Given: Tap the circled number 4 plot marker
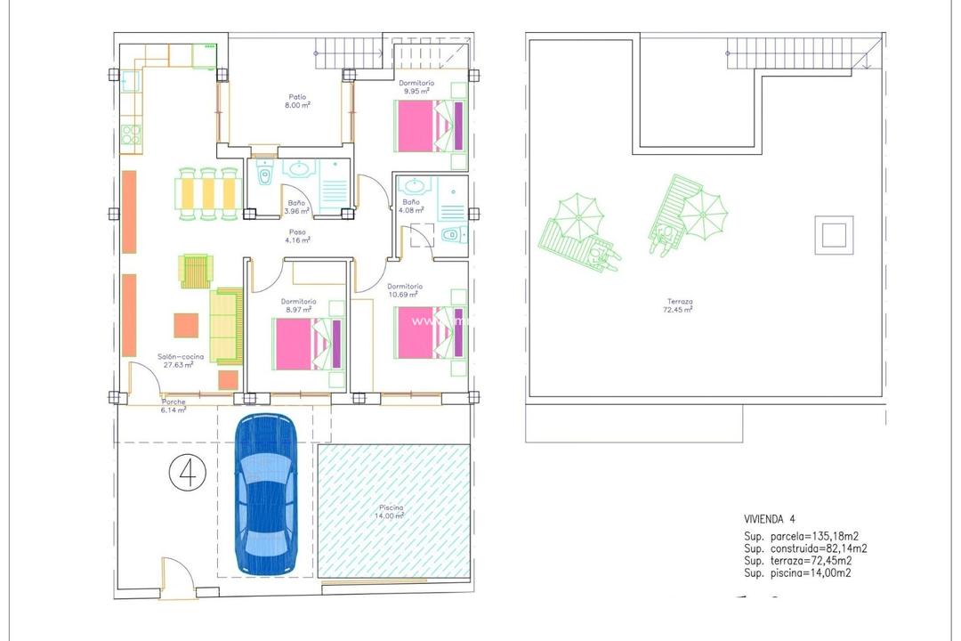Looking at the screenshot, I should pyautogui.click(x=187, y=473).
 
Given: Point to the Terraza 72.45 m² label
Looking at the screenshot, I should pyautogui.click(x=677, y=306).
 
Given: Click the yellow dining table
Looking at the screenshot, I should pyautogui.click(x=208, y=192).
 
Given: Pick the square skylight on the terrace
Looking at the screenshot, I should pyautogui.click(x=834, y=236).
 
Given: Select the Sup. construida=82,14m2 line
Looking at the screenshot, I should pyautogui.click(x=805, y=548).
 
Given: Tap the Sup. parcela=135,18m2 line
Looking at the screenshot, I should pyautogui.click(x=801, y=536).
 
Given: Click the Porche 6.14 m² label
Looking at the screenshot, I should pyautogui.click(x=174, y=406).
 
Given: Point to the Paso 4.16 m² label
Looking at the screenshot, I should pyautogui.click(x=295, y=236).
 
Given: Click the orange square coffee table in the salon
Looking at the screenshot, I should pyautogui.click(x=186, y=326).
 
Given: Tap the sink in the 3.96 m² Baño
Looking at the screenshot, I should pyautogui.click(x=300, y=169).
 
